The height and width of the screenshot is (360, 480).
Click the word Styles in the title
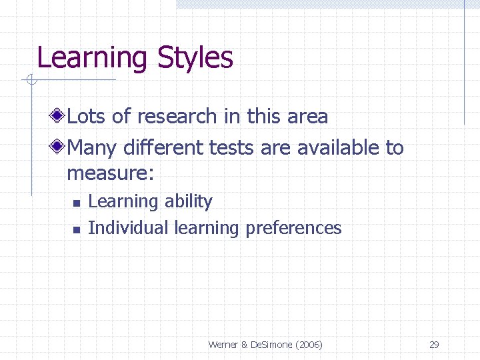[195, 59]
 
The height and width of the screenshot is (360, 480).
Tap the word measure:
[111, 174]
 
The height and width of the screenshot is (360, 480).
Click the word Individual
[128, 228]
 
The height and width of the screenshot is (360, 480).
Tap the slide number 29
[434, 345]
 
